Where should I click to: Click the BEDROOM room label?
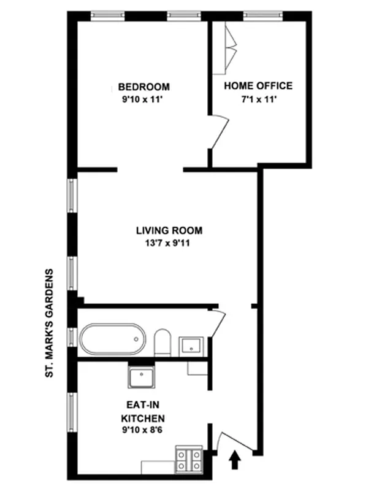point(144,87)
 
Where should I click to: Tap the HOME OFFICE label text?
point(258,86)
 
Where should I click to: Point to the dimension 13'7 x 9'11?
point(169,242)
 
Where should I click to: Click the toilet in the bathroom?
point(163,342)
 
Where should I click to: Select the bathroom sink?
point(192,346)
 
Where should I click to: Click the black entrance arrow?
point(234,460)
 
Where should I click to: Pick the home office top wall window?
point(262,14)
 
